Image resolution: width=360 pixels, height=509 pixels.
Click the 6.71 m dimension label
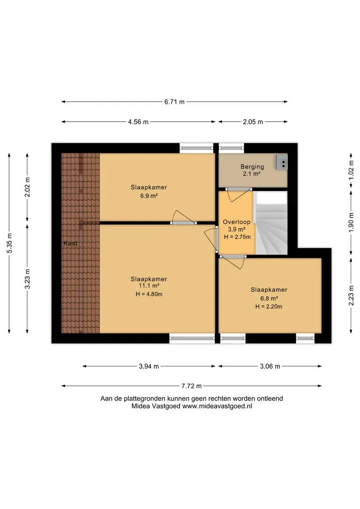pos(174,102)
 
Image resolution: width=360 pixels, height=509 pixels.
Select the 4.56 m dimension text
pos(138,122)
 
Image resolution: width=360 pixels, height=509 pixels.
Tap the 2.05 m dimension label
pos(253,122)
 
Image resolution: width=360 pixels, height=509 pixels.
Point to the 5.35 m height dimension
pos(9,244)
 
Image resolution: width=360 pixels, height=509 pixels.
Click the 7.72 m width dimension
pos(191,386)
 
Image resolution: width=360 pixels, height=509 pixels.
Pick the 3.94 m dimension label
pos(149,367)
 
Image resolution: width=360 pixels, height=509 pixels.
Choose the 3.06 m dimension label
pos(270,367)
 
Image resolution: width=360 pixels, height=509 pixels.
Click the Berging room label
pos(252,167)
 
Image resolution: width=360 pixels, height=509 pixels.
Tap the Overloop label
pos(237,222)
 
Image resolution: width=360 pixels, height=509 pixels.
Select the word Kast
pos(70,243)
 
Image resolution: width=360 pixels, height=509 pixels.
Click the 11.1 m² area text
pos(149,286)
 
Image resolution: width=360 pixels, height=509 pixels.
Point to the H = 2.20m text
pos(269,306)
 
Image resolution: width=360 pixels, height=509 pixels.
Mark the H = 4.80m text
pos(149,295)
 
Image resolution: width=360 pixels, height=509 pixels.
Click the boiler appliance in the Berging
pos(281,162)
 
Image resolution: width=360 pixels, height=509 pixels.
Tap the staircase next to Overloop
pos(271,223)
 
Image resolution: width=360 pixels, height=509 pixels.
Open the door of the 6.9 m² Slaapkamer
pos(184,217)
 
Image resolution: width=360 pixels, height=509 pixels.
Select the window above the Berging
pos(231,148)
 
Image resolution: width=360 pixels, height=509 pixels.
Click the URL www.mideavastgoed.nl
pos(217,406)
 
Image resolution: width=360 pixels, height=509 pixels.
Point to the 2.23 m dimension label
pos(351,296)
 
